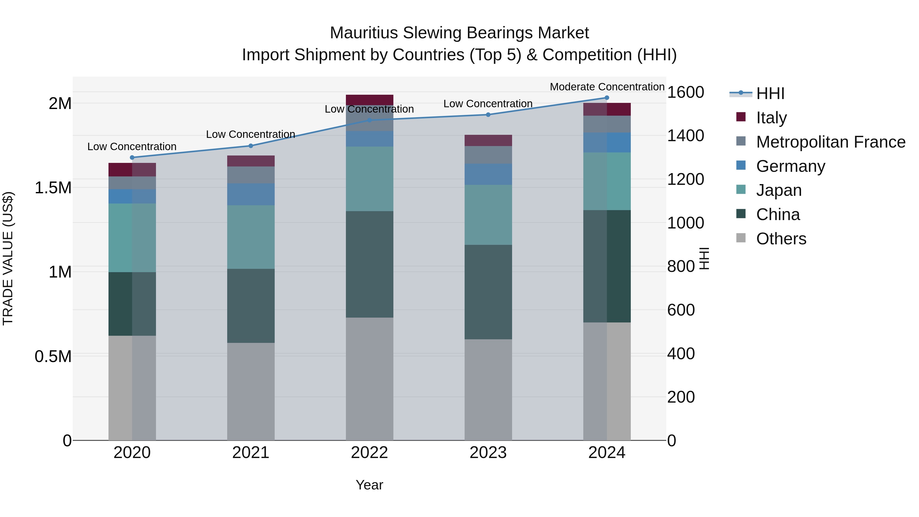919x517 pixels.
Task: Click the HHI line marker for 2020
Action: tap(132, 157)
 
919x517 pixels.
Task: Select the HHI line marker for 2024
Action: tap(607, 98)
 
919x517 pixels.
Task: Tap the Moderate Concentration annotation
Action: tap(607, 87)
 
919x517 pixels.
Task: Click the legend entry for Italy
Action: tap(771, 118)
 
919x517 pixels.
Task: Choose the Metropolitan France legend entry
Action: tap(830, 142)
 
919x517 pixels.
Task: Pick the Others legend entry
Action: tap(781, 239)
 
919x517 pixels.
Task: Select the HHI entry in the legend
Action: tap(770, 93)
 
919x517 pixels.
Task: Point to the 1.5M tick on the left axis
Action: tap(53, 188)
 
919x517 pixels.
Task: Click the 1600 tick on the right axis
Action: tap(685, 92)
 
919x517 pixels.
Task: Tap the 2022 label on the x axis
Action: tap(369, 453)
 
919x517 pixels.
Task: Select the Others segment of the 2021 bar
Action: tap(251, 391)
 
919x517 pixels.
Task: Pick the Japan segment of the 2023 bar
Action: tap(488, 215)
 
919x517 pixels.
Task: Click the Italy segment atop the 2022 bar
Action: tap(369, 100)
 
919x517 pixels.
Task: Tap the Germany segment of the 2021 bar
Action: tap(251, 195)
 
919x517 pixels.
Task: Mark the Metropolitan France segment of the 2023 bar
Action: tap(488, 155)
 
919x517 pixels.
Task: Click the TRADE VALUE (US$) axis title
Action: tap(8, 258)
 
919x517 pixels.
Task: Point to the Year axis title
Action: tap(369, 485)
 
